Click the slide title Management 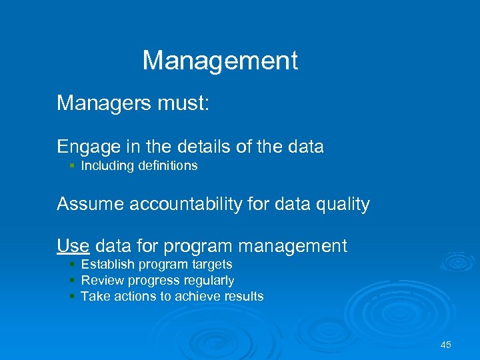tap(220, 61)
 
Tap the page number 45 tap(446, 345)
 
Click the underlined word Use tap(73, 246)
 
